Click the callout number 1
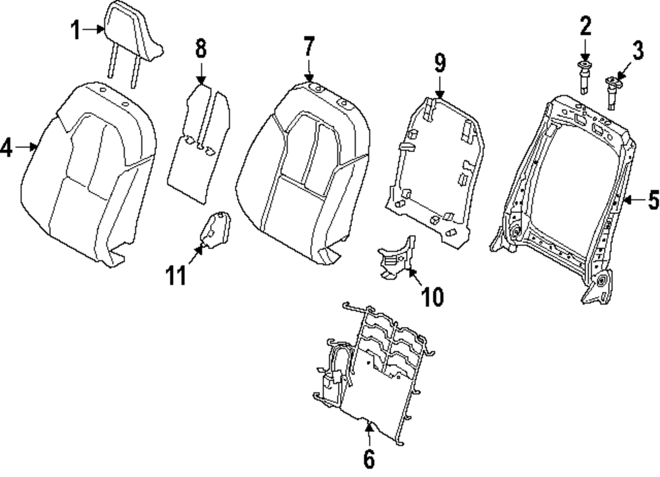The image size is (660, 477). coord(76,29)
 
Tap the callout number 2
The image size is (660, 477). coord(585,27)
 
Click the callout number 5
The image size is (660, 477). coord(653,200)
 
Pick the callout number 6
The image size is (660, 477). coord(368,457)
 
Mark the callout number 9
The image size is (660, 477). coord(440,63)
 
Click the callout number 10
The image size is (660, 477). coord(433,297)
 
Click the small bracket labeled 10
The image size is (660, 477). coord(396,258)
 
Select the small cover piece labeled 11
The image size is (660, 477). coord(214,229)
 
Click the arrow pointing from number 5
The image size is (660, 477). coord(632,200)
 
